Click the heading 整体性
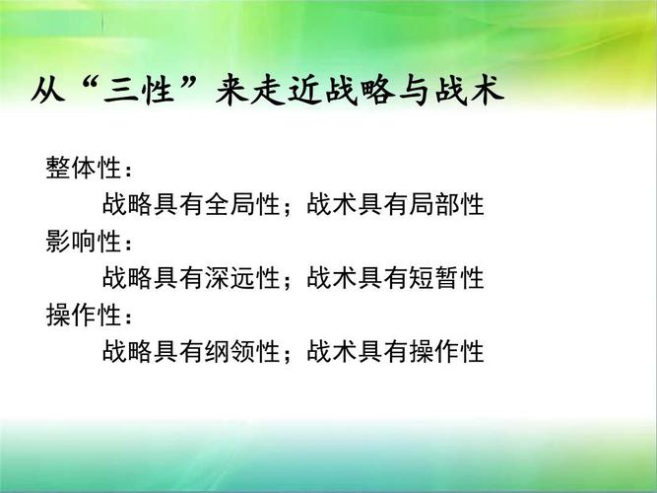click(81, 168)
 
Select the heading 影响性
click(81, 241)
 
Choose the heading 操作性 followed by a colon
click(81, 316)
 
